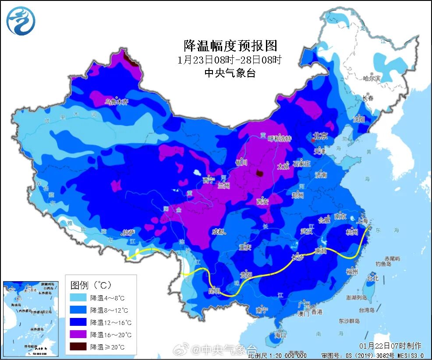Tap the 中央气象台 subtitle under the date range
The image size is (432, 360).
[230, 73]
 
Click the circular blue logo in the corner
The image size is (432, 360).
[21, 21]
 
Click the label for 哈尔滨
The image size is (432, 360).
[372, 78]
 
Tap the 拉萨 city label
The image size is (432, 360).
[128, 232]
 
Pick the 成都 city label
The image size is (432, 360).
[218, 231]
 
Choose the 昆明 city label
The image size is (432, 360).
[214, 290]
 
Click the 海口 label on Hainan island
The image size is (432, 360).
[280, 335]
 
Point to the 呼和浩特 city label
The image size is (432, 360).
[279, 138]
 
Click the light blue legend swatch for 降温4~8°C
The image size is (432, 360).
[79, 298]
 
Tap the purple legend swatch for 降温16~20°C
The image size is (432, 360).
[79, 335]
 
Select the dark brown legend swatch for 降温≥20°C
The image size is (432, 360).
[79, 347]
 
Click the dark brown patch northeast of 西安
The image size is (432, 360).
[260, 173]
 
